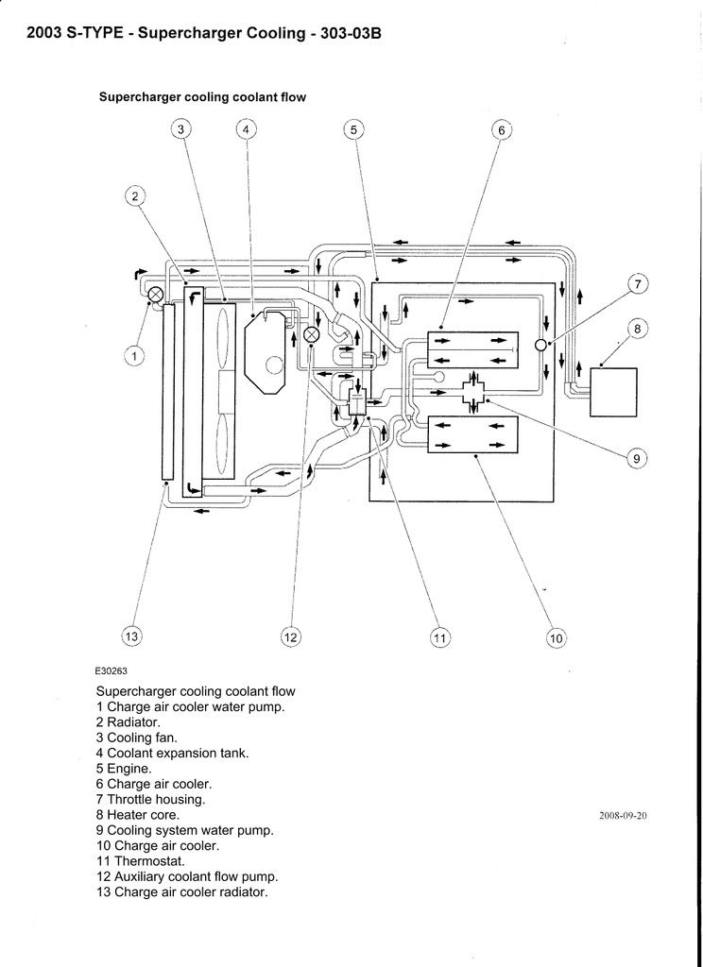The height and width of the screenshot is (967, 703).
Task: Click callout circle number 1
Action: [x=134, y=355]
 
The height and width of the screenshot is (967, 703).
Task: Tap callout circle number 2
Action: [x=135, y=196]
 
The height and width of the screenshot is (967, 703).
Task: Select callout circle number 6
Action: [x=502, y=130]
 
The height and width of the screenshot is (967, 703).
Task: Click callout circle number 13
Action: [x=131, y=637]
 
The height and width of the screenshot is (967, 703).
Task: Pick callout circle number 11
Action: [x=439, y=639]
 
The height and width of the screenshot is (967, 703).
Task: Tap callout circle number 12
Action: [x=290, y=637]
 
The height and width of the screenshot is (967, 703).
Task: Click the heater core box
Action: [x=613, y=391]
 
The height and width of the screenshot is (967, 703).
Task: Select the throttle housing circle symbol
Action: [x=541, y=346]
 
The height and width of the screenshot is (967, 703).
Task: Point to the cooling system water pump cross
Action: [x=473, y=390]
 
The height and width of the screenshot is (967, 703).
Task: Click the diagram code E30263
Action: [x=111, y=670]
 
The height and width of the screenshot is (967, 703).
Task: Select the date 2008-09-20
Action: [x=623, y=815]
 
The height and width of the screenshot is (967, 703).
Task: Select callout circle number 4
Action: [x=245, y=130]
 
